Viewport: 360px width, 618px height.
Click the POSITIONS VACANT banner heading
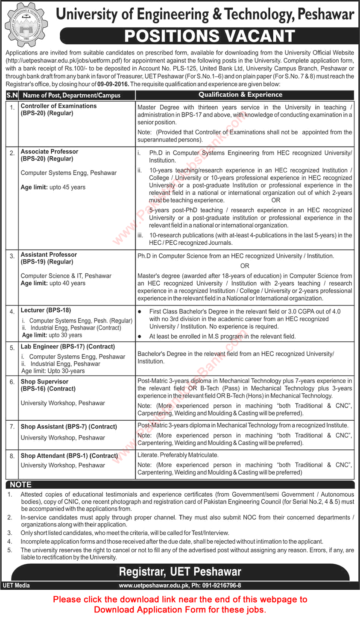tap(209, 36)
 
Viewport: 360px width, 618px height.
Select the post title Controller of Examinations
tap(59, 106)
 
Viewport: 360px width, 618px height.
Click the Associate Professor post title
tap(50, 152)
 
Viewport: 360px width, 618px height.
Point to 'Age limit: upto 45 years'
tap(53, 187)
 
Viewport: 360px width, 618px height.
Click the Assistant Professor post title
tap(49, 255)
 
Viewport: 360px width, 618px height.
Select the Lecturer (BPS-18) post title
tap(46, 310)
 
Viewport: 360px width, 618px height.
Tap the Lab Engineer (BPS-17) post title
tap(68, 347)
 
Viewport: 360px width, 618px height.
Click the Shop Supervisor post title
tap(44, 381)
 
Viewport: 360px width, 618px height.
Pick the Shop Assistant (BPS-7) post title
tap(69, 427)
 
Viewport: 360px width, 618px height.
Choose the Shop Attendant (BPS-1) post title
tap(69, 456)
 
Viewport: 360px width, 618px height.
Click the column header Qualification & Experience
tap(240, 95)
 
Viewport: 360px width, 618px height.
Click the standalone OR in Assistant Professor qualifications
tap(245, 266)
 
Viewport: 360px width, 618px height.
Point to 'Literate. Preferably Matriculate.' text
tap(178, 455)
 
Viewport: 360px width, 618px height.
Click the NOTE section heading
tap(20, 485)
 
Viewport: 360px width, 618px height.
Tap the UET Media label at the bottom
tap(16, 586)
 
